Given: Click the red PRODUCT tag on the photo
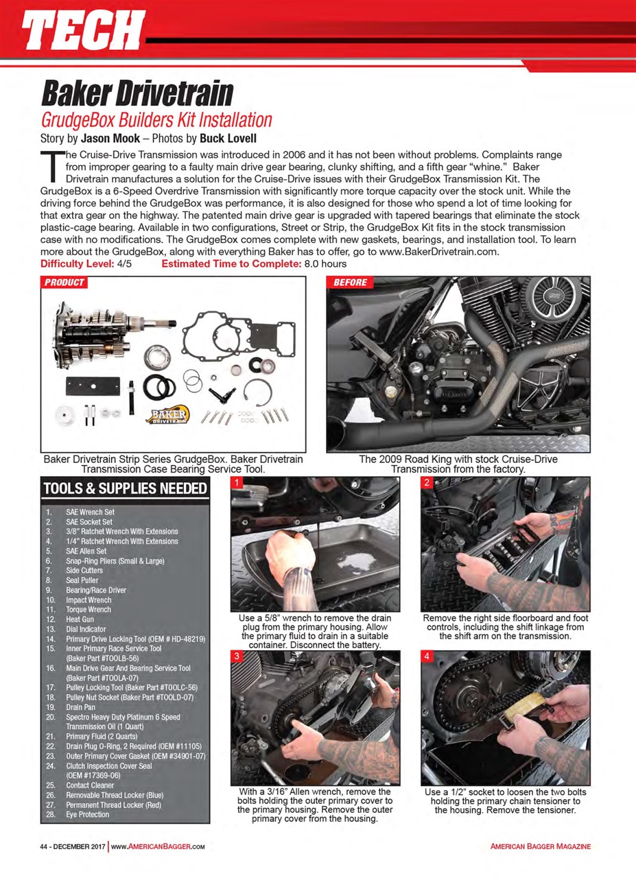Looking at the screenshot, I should (64, 283).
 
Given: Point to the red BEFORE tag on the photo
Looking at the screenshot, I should (351, 283).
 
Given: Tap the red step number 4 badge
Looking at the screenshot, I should (427, 656).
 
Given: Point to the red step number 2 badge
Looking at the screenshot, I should (427, 484).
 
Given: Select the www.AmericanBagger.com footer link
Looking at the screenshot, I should (158, 846).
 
